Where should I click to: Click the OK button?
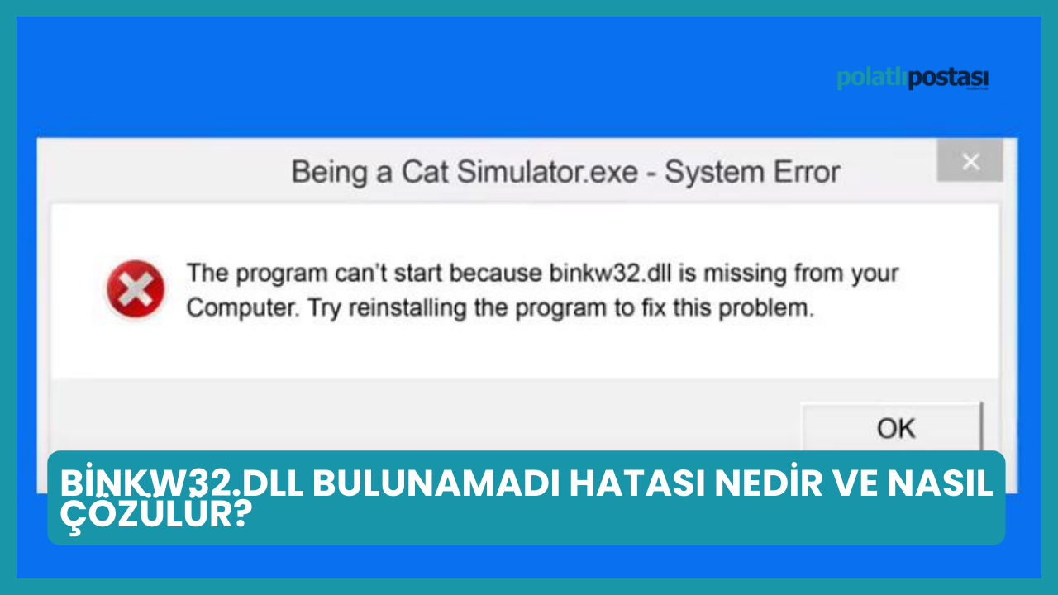(892, 427)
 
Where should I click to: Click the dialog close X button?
(970, 161)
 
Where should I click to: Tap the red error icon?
(136, 288)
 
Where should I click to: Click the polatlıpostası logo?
(913, 79)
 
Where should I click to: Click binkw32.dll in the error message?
(610, 273)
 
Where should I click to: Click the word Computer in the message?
(243, 307)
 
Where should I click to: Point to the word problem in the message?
(766, 308)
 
